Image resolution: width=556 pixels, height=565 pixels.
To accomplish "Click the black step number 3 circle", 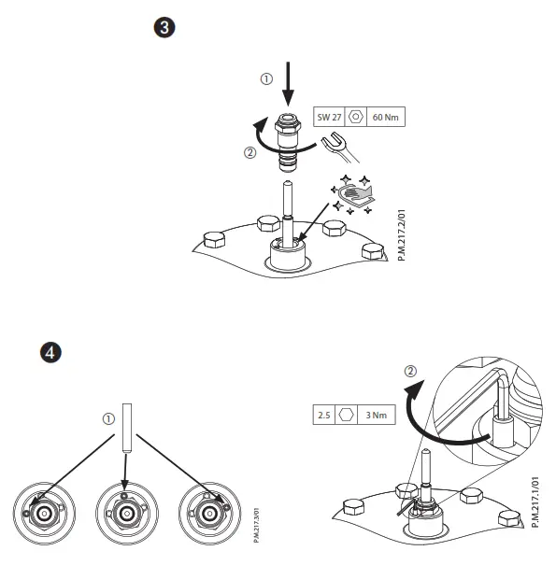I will [164, 27].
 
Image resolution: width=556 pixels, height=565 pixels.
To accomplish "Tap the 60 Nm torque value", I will [386, 118].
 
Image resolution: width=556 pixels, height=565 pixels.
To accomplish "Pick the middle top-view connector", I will [125, 513].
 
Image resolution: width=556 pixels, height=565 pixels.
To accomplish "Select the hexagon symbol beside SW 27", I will [356, 118].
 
